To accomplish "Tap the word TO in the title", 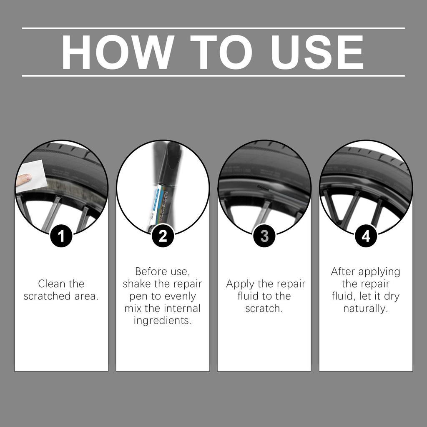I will click(x=223, y=53).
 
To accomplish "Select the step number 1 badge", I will click(x=61, y=236).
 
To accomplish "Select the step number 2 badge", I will click(x=163, y=236).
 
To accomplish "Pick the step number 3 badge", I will click(x=264, y=236).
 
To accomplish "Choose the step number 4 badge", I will click(x=366, y=236).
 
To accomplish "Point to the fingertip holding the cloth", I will click(x=24, y=179).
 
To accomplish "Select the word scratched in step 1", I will click(x=45, y=296).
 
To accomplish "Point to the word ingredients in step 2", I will click(x=163, y=321).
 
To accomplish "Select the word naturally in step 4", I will click(x=365, y=309).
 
